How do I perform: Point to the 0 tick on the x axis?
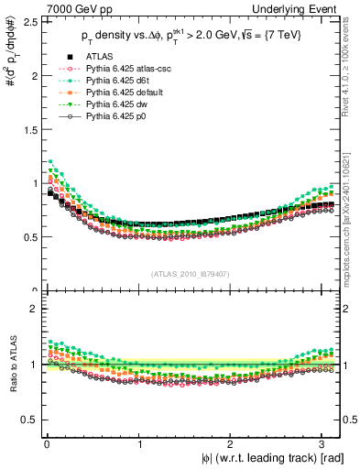[x=47, y=444]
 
